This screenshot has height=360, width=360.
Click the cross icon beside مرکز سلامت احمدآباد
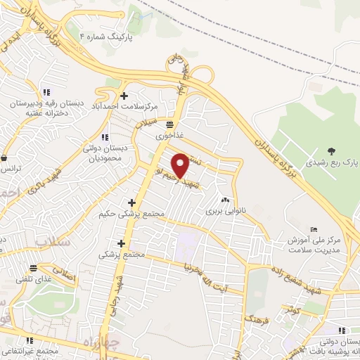coord(124,96)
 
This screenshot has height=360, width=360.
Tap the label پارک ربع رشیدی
coord(335,162)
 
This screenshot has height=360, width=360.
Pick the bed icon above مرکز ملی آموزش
coord(314,229)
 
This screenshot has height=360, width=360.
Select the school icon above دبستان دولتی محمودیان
coord(105,137)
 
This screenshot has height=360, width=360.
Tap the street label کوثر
coord(292,309)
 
